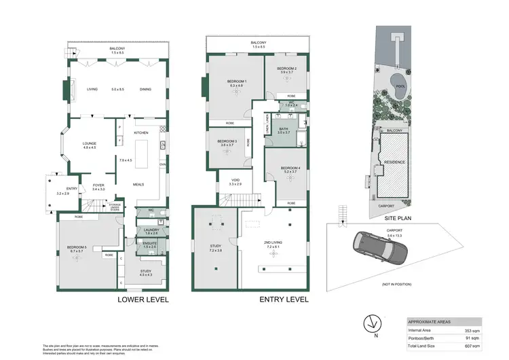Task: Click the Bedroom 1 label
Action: [237, 84]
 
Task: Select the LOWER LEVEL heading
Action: [143, 299]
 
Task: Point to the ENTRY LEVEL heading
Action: [284, 299]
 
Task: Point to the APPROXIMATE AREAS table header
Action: [430, 321]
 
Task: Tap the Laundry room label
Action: [151, 232]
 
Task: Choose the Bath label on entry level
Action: [284, 130]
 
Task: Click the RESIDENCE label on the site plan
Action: [394, 164]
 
